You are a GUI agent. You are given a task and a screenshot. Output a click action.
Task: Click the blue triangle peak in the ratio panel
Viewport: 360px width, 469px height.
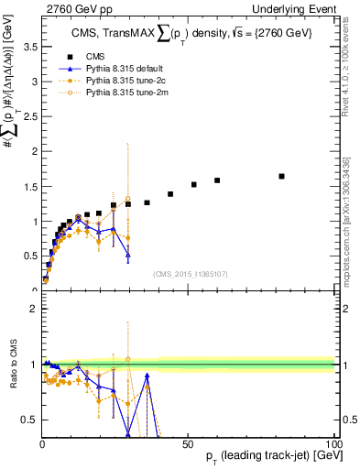click(147, 376)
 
